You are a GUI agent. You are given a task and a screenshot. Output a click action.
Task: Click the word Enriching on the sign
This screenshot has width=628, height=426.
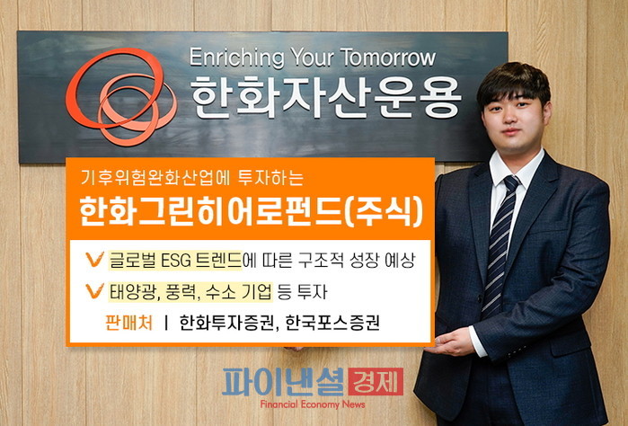(x=236, y=58)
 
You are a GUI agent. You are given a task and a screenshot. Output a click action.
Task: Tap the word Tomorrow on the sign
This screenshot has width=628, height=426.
(x=388, y=58)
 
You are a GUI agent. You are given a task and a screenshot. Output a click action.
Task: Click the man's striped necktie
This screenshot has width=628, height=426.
(x=499, y=245)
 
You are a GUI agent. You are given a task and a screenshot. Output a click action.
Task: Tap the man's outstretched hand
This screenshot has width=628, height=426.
(x=450, y=341)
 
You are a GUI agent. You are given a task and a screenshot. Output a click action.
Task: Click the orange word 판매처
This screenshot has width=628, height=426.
(x=129, y=323)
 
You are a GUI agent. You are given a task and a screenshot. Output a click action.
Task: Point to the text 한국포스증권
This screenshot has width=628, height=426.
(x=332, y=323)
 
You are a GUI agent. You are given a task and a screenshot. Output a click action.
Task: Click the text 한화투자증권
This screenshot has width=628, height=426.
(x=226, y=323)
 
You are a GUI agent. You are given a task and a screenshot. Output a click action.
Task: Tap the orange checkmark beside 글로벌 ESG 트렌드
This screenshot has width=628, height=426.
(x=94, y=260)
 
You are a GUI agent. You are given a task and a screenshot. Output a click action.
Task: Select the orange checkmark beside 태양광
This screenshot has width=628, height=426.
(x=94, y=291)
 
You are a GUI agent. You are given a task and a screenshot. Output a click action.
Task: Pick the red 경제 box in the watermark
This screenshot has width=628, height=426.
(x=376, y=382)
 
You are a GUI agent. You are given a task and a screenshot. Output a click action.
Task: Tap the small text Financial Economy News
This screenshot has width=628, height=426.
(x=313, y=404)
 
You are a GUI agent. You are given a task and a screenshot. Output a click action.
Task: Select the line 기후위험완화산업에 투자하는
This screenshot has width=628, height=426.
(x=192, y=178)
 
